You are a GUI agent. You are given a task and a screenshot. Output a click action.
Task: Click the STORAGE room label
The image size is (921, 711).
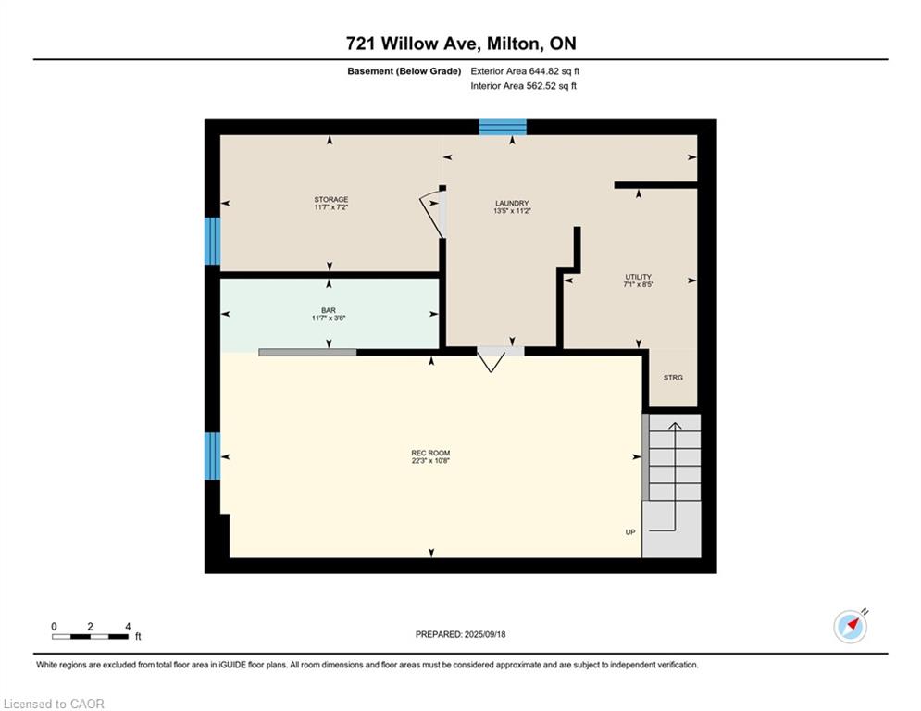[x=330, y=200]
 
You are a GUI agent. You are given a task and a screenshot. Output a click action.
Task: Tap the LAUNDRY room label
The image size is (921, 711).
[x=512, y=204]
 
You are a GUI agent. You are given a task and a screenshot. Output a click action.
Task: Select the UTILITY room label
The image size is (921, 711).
[x=638, y=277]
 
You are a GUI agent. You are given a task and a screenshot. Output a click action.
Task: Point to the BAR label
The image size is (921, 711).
[x=329, y=310]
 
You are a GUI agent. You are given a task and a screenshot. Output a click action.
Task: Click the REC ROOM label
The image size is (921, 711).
[x=430, y=453]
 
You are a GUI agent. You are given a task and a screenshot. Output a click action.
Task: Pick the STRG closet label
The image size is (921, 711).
[x=673, y=378]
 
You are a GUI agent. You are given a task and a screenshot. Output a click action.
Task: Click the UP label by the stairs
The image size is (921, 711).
[x=630, y=532]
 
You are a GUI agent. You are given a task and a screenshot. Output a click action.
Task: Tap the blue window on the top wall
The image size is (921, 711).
[x=503, y=127]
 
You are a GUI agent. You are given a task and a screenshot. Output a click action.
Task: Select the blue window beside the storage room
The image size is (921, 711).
[x=212, y=241]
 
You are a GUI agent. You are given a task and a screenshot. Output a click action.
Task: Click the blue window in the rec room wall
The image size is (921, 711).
[x=212, y=456]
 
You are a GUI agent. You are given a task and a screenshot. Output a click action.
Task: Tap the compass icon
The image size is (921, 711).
[x=850, y=627]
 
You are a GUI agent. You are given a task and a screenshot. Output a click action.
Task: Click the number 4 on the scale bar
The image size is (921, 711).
[x=128, y=627]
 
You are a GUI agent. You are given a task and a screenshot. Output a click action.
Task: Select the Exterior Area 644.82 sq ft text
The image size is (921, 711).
[x=525, y=71]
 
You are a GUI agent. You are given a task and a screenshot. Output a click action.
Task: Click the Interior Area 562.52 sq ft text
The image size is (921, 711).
[x=523, y=86]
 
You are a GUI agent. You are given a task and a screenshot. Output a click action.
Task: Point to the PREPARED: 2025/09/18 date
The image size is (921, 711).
[x=461, y=634]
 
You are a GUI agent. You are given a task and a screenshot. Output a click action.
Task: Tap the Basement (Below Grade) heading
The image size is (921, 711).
[x=404, y=71]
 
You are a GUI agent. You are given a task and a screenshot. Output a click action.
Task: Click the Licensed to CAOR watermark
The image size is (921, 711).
[x=54, y=704]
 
